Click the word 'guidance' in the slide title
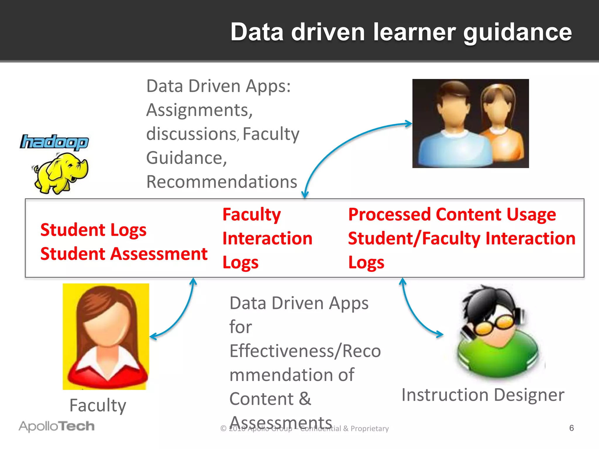point(517,33)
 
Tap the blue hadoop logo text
point(54,142)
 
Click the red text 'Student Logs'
point(93,230)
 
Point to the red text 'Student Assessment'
point(124,254)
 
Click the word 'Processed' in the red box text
point(389,215)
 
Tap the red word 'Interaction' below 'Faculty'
point(267,239)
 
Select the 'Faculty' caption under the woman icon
point(98,405)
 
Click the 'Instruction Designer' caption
point(483,395)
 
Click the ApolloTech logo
point(57,426)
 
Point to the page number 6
point(572,428)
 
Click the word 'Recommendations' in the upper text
point(221,182)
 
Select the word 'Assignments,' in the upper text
point(199,110)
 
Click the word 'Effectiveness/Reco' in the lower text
point(305,351)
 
